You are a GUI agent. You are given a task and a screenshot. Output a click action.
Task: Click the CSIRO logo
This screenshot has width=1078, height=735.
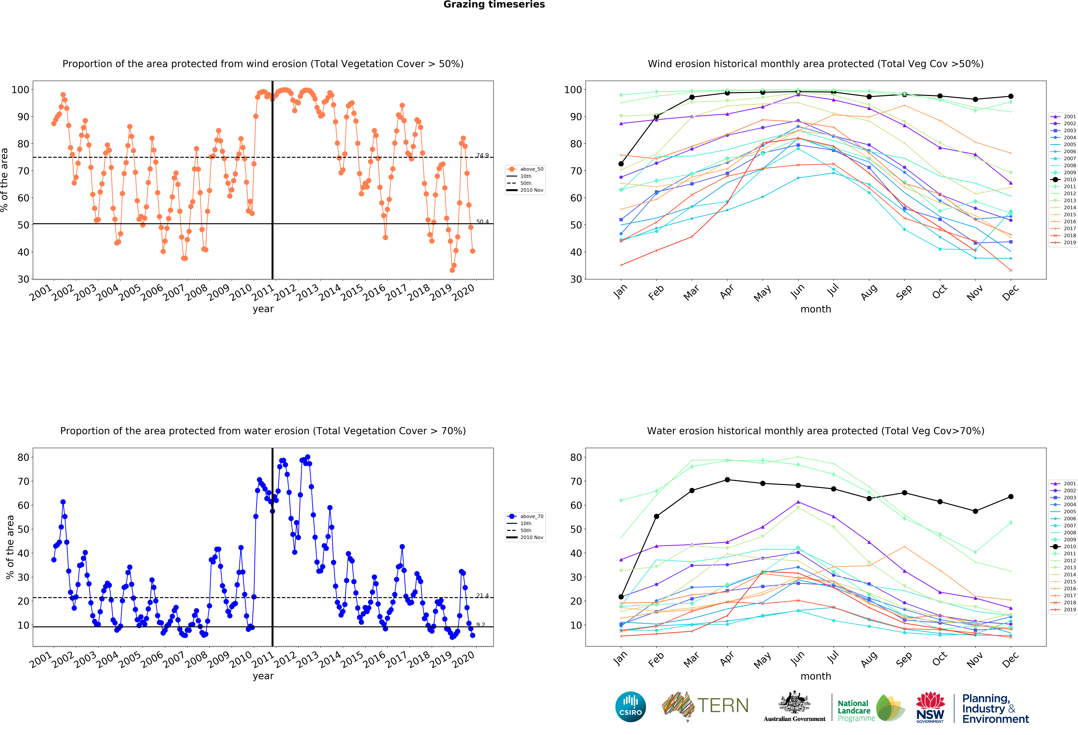point(630,707)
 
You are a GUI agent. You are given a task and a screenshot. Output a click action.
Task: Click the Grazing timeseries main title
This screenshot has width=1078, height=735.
point(494,5)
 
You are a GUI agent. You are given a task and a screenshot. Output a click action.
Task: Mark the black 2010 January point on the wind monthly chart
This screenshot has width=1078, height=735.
point(621,164)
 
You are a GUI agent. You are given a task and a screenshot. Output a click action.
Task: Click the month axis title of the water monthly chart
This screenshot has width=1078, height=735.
point(815,676)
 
